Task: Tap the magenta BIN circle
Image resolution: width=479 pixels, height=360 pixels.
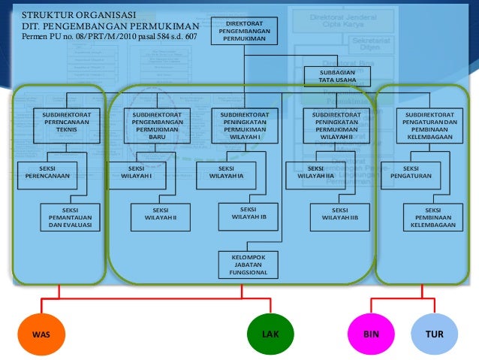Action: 370,334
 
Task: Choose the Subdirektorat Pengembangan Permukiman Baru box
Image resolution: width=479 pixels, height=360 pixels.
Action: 157,126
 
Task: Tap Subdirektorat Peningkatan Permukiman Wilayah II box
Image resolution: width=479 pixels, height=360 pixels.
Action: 331,126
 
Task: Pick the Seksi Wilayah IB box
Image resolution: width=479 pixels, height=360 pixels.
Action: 250,214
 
